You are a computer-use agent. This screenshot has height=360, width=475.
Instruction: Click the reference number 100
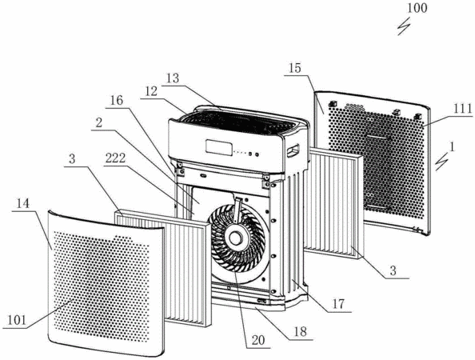[x=417, y=8]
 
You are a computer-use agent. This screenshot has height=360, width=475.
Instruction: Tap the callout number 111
[x=463, y=109]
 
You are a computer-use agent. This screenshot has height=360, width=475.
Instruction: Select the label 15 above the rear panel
[x=294, y=68]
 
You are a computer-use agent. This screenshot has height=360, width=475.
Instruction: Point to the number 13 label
[x=173, y=78]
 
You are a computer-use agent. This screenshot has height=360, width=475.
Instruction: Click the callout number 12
[x=150, y=91]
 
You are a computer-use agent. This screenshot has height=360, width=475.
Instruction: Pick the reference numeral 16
[x=117, y=101]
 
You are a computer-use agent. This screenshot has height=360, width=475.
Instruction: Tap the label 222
[x=115, y=158]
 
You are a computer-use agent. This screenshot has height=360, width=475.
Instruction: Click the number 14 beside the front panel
[x=23, y=204]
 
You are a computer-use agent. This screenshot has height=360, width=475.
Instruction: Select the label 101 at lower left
[x=17, y=321]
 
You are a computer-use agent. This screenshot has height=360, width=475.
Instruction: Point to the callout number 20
[x=258, y=340]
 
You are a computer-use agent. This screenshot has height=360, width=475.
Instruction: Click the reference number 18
[x=300, y=331]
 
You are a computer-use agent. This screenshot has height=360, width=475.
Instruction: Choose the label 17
[x=338, y=304]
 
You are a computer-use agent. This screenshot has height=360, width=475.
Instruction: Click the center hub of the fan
[x=235, y=238]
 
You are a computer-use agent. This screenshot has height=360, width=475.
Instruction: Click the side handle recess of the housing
[x=293, y=150]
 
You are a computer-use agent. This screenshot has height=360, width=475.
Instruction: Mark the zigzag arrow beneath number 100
[x=404, y=26]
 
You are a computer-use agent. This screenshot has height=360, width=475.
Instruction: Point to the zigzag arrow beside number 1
[x=441, y=162]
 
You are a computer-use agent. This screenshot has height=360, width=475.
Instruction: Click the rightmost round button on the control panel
[x=257, y=154]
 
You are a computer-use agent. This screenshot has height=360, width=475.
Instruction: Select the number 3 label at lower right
[x=393, y=270]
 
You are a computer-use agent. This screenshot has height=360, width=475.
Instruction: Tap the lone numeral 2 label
[x=98, y=123]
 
